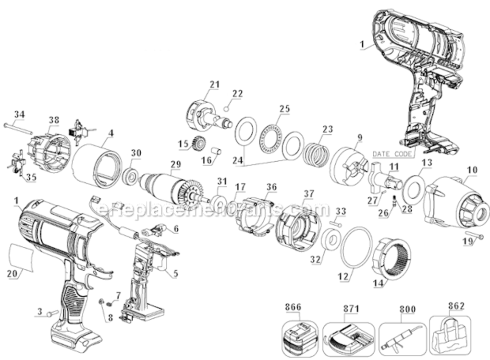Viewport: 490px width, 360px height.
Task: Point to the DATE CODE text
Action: pos(392,154)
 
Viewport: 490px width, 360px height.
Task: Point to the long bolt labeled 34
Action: pos(19,128)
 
